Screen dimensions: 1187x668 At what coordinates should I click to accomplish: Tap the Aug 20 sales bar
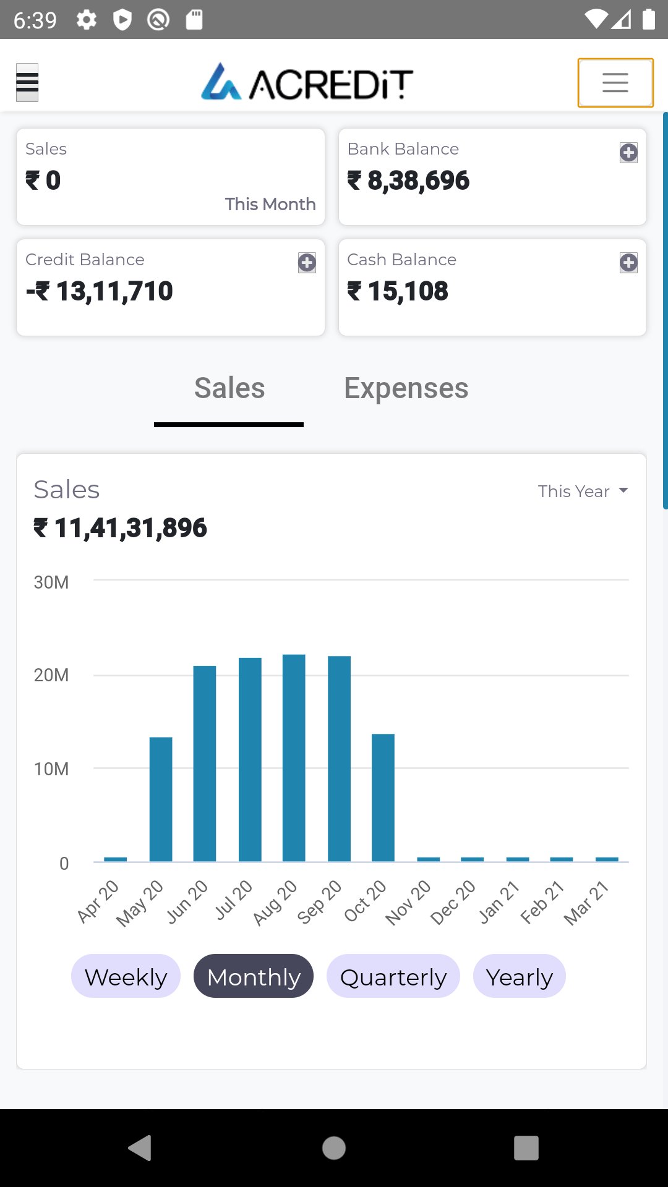(x=294, y=757)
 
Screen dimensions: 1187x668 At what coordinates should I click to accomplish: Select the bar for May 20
(x=161, y=799)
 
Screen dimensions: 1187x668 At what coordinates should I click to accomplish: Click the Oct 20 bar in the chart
(x=383, y=798)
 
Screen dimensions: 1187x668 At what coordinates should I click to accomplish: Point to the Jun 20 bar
(x=205, y=763)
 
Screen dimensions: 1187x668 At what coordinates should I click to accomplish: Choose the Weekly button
(x=126, y=976)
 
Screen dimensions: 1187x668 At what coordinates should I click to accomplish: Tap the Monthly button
(x=254, y=976)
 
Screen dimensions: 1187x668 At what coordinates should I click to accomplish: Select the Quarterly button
(x=393, y=976)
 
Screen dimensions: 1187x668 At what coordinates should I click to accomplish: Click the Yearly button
(x=520, y=976)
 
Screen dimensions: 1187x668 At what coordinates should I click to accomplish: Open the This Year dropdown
(x=583, y=491)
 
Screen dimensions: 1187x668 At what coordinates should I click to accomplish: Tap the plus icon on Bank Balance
(x=628, y=153)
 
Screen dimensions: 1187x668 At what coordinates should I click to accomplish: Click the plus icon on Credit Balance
(x=307, y=263)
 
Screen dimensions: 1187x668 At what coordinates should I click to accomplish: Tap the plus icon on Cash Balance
(x=628, y=263)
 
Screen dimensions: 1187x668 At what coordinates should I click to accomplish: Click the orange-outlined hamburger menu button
(x=615, y=83)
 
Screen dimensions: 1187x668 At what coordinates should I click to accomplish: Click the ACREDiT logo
(x=307, y=82)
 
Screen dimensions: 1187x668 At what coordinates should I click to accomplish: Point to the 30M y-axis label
(x=51, y=582)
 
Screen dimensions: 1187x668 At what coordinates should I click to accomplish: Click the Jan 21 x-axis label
(x=499, y=902)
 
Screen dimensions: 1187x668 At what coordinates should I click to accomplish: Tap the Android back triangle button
(x=140, y=1148)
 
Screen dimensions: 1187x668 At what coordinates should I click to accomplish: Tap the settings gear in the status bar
(x=87, y=20)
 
